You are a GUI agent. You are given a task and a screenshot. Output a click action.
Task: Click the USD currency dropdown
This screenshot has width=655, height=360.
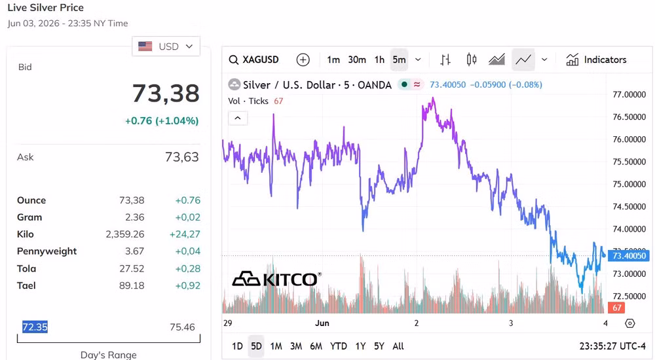(x=166, y=46)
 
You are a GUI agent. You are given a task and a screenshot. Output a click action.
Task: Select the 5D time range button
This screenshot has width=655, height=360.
(x=256, y=346)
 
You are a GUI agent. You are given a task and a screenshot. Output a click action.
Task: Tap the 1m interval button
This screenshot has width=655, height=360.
(x=333, y=60)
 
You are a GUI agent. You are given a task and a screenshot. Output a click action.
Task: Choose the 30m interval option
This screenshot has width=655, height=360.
(x=357, y=60)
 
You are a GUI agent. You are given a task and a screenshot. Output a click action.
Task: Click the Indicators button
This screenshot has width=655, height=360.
(x=596, y=60)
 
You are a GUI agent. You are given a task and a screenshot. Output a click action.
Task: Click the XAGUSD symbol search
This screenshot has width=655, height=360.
(x=254, y=60)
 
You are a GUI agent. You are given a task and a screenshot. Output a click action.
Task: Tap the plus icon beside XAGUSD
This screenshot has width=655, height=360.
(x=303, y=60)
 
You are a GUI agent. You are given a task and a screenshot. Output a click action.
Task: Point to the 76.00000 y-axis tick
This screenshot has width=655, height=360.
(x=629, y=139)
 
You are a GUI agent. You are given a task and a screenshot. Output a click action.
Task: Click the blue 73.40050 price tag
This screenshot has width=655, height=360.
(x=629, y=255)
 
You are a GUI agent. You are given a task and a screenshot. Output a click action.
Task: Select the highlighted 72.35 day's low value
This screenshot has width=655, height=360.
(x=35, y=327)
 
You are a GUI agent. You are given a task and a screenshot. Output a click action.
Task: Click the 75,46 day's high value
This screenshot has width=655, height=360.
(x=182, y=327)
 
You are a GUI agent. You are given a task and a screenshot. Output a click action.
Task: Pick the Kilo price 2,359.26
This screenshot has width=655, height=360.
(x=125, y=234)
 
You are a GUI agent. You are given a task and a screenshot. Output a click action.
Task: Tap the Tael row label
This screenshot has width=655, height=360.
(x=26, y=285)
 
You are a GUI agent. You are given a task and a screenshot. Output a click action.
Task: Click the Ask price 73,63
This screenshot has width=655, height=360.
(x=181, y=157)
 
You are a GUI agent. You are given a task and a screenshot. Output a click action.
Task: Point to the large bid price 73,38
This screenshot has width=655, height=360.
(x=166, y=93)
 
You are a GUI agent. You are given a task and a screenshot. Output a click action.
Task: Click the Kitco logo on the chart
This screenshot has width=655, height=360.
(x=276, y=279)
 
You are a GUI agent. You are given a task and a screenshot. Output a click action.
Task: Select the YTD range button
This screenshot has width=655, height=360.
(x=339, y=346)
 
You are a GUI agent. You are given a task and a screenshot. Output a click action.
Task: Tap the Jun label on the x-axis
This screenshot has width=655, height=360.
(x=322, y=323)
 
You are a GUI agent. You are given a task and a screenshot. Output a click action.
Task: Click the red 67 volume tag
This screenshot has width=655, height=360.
(x=617, y=308)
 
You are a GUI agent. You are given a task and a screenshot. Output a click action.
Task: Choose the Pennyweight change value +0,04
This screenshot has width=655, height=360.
(x=187, y=251)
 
